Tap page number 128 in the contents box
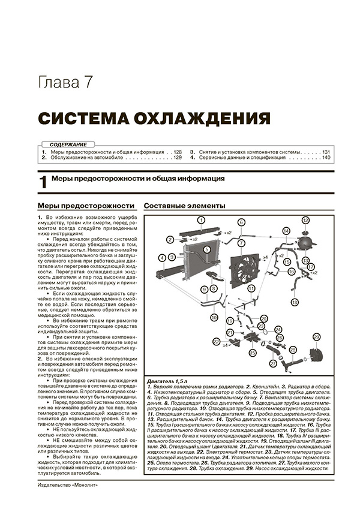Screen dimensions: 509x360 177,152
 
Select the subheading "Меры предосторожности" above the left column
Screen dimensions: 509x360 85,206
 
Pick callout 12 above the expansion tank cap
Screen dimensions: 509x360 305,220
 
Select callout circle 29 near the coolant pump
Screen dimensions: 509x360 316,338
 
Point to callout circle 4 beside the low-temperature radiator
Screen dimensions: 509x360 163,258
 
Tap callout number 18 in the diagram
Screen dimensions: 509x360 294,303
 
